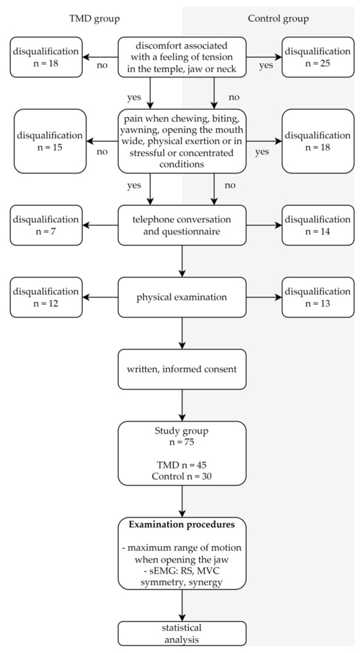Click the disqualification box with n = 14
316,225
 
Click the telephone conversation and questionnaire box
182,225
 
